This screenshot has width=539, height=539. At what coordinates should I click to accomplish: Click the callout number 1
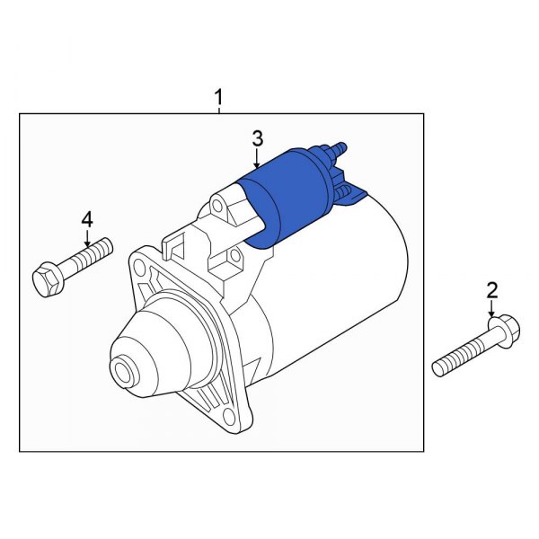pos(218,95)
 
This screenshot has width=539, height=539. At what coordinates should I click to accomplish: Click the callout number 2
pos(491,289)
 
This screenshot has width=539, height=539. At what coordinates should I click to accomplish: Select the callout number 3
pos(257,138)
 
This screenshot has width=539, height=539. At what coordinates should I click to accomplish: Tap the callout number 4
pos(87,218)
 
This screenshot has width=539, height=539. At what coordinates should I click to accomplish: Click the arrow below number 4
pos(87,238)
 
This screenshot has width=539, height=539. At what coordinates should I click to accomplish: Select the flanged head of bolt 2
pos(499,328)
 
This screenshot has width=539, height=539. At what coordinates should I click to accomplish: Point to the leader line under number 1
pos(218,109)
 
